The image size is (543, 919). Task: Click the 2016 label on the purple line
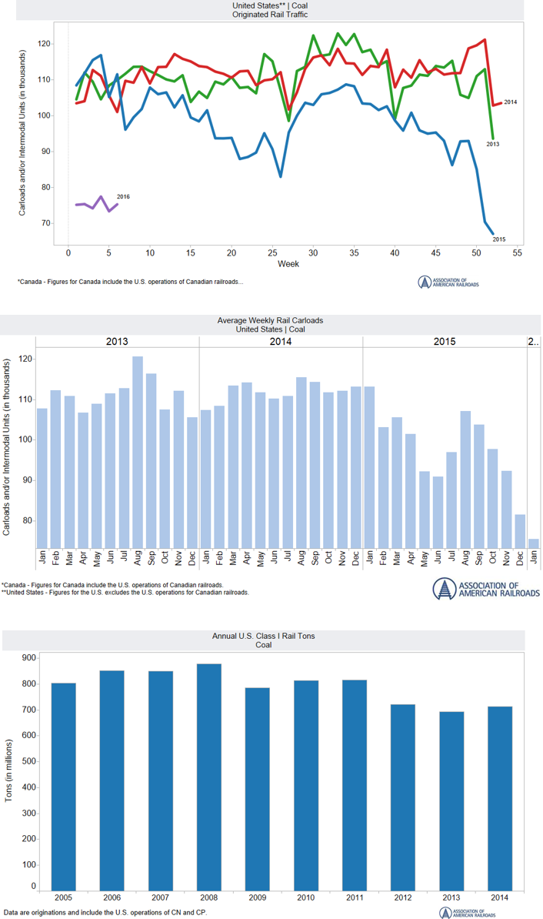pos(123,196)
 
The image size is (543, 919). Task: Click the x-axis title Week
pos(289,264)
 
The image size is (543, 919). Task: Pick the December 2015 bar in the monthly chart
pos(521,530)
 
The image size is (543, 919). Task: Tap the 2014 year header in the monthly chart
pos(280,340)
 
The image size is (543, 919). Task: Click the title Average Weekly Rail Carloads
pos(271,320)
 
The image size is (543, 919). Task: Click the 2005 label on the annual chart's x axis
pos(63,898)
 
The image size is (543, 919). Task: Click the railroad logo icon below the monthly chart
pos(441,589)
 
